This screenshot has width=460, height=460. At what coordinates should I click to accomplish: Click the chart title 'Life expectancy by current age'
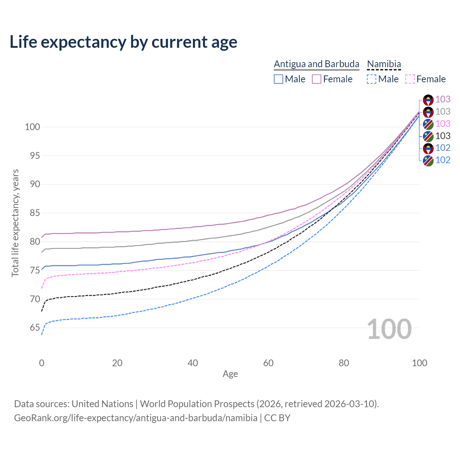(123, 42)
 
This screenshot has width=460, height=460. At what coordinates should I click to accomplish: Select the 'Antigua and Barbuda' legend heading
(316, 64)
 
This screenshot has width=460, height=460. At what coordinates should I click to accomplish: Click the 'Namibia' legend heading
(384, 64)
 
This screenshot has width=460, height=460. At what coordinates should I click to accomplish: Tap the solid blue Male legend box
(279, 79)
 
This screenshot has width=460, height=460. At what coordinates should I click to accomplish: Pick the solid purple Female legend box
(317, 79)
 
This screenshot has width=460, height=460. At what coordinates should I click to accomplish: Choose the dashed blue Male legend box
(372, 79)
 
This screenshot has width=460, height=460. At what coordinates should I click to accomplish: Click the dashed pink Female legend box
(410, 79)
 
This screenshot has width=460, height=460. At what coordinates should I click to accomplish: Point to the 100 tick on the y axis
(32, 127)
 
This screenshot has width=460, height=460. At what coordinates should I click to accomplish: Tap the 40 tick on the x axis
(193, 363)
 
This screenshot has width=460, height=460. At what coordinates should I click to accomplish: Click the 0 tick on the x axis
(42, 363)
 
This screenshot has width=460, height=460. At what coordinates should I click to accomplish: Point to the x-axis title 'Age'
(230, 374)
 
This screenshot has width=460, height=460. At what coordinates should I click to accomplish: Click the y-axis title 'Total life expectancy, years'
(15, 223)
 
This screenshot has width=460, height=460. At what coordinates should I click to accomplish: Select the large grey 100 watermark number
(389, 329)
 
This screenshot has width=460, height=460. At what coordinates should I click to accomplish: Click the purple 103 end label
(443, 99)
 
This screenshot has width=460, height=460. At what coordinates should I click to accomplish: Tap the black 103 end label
(443, 136)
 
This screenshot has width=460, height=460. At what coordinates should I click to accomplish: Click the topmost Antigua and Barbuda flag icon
(428, 100)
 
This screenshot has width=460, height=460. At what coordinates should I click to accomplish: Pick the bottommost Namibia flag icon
(428, 160)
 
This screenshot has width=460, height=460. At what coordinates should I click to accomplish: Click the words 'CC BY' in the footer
(277, 418)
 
